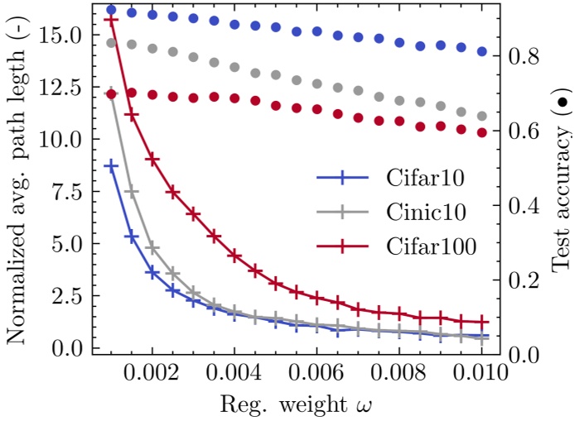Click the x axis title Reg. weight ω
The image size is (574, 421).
tap(301, 404)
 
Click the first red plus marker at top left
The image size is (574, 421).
tap(112, 20)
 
